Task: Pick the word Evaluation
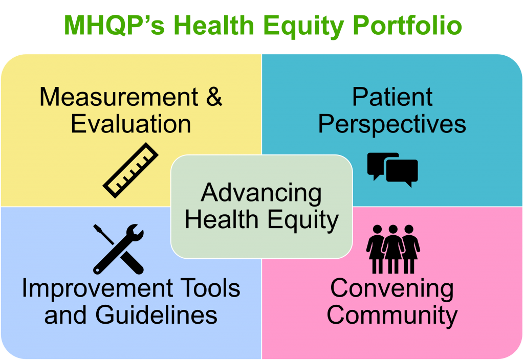point(131,124)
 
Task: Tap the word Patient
point(392,97)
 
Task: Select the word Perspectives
point(392,124)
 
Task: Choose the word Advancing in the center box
point(261,193)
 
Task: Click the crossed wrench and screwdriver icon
point(118,249)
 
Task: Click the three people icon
point(392,249)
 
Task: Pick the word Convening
point(392,288)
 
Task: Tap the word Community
point(392,315)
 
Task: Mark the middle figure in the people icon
point(392,249)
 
